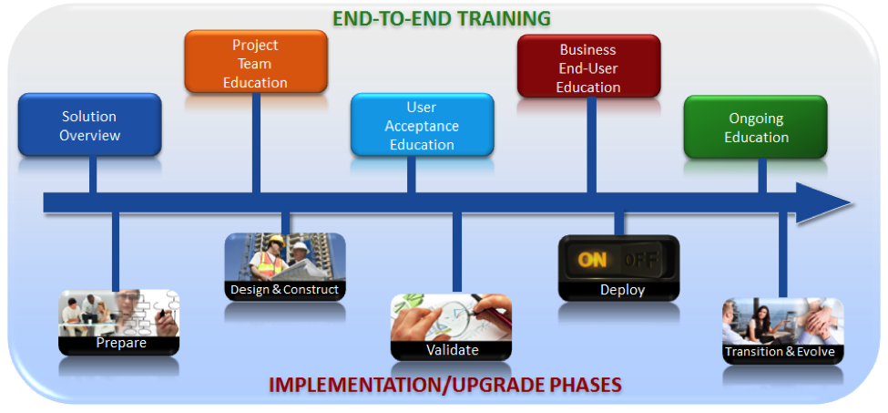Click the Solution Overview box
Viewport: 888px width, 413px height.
point(90,125)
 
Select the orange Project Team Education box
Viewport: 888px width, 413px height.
point(256,61)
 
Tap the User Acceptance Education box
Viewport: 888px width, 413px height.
point(423,125)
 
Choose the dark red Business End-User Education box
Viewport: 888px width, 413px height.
point(589,66)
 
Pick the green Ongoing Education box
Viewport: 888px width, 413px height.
point(756,127)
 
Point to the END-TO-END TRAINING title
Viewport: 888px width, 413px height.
point(442,18)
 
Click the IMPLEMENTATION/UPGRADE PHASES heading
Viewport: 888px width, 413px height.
point(445,385)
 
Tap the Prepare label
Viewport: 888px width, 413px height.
point(121,343)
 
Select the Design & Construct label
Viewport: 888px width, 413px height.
point(285,290)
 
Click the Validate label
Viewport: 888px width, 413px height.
point(452,350)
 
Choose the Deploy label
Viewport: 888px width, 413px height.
point(622,290)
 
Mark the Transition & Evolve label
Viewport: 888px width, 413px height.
point(783,352)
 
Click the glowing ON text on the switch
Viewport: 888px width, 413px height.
point(592,260)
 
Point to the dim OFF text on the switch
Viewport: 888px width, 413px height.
point(640,260)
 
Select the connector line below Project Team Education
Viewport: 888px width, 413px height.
point(256,143)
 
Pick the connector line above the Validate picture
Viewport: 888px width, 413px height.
point(457,253)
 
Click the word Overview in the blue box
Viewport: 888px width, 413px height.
point(90,136)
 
